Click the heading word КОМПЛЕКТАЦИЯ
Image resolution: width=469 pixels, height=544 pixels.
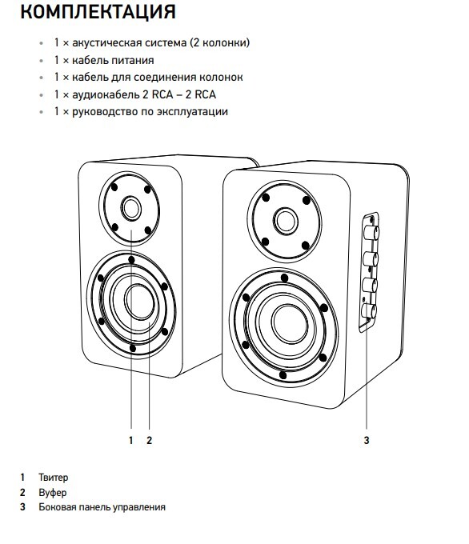point(98,11)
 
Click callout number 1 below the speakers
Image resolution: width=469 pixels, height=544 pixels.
point(131,440)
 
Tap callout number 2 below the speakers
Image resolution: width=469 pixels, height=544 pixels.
point(150,440)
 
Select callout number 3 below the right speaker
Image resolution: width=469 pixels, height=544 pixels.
point(367,440)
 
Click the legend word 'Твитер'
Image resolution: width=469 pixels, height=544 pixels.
point(53,478)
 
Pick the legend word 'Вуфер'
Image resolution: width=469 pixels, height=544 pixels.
point(52,493)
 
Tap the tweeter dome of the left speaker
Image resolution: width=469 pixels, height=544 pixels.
point(131,207)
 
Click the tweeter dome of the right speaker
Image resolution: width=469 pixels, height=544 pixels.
point(286,221)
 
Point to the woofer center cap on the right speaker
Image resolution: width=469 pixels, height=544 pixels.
point(289,324)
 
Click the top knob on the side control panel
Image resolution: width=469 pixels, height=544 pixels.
point(371,232)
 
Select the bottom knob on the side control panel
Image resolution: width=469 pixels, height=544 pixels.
point(369,310)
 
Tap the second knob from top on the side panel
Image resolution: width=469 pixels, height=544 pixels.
point(370,259)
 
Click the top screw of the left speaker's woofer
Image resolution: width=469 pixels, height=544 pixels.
point(131,260)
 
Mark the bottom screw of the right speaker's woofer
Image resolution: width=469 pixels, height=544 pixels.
point(283,375)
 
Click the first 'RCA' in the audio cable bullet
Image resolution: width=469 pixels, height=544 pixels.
point(162,94)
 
